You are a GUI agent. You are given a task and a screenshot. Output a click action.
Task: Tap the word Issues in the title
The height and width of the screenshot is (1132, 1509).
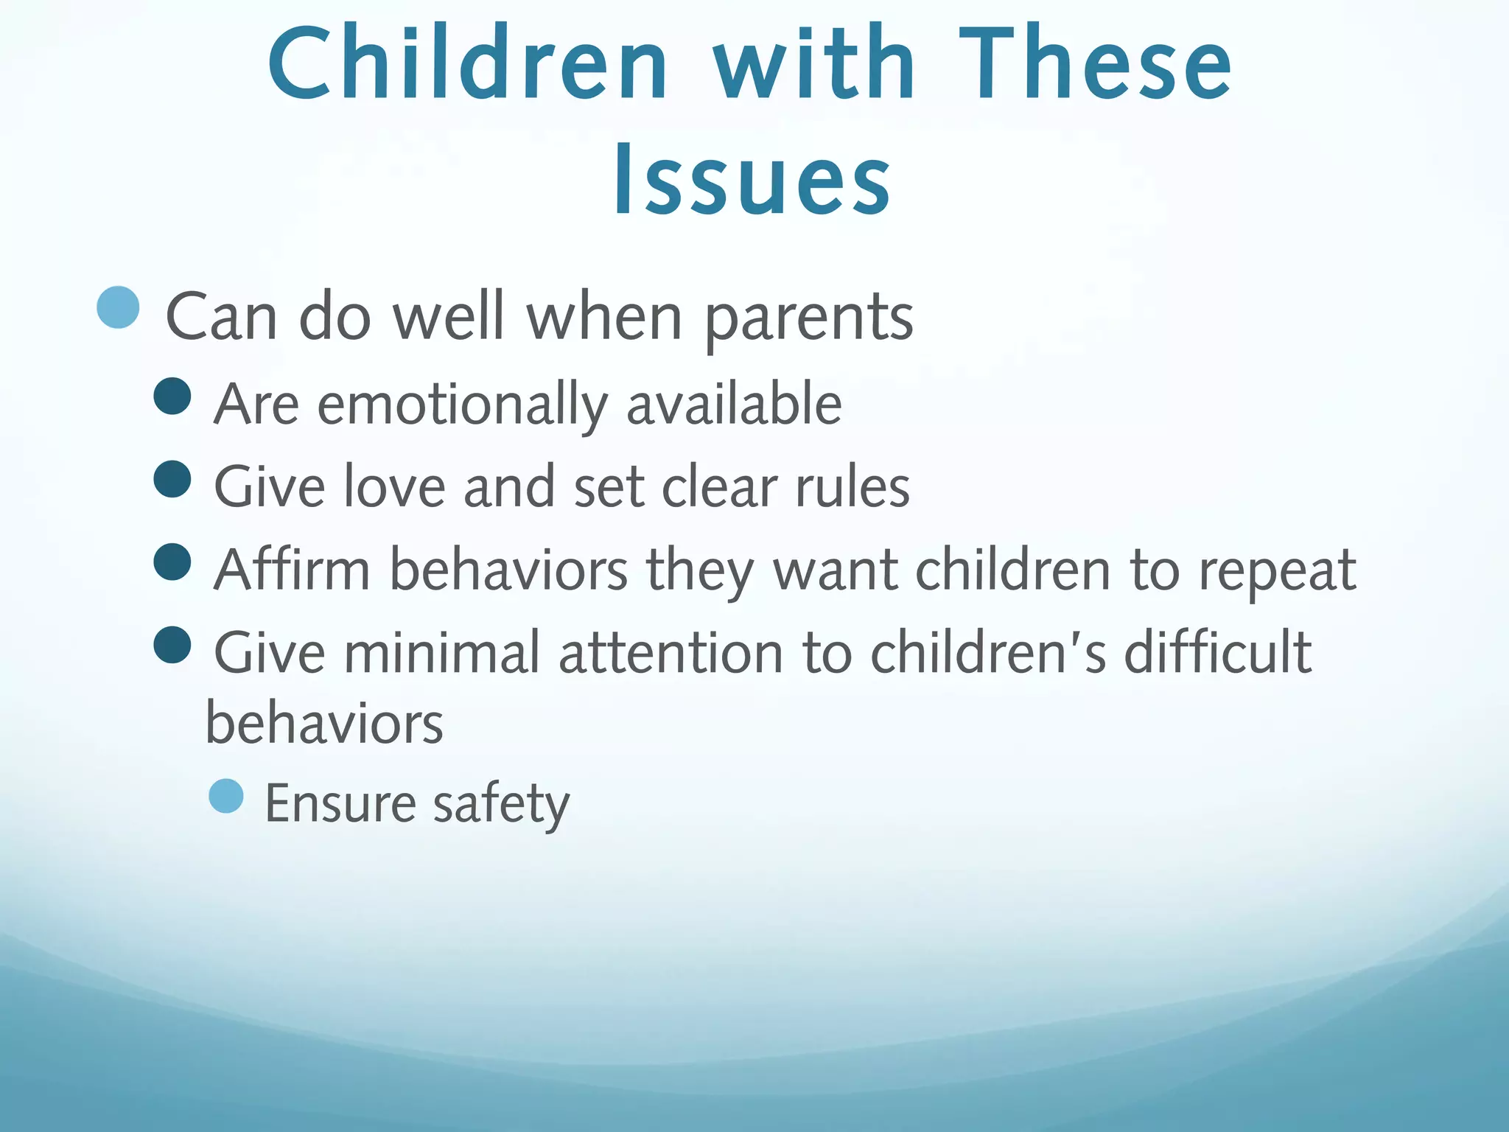point(752,181)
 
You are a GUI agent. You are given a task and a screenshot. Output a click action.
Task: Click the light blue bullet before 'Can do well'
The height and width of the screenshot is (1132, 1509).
point(118,307)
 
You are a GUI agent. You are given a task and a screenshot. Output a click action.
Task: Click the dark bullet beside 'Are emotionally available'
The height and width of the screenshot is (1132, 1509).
point(172,396)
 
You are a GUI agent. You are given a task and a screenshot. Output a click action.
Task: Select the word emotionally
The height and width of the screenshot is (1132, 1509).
point(463,405)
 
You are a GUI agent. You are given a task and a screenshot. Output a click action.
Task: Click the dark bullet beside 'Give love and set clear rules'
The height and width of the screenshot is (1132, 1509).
point(172,479)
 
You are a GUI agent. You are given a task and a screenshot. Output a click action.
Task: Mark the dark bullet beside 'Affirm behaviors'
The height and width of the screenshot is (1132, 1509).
point(172,562)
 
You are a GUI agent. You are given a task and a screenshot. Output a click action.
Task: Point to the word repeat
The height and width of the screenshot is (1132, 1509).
point(1277,571)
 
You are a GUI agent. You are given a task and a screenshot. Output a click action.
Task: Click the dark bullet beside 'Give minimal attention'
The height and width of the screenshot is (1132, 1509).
point(172,645)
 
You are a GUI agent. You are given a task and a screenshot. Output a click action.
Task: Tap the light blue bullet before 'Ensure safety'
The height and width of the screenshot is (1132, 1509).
point(226,797)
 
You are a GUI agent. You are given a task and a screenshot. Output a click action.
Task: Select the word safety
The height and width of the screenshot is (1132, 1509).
point(501,805)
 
